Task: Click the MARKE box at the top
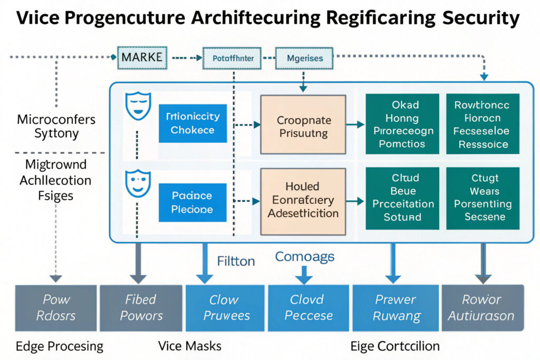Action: click(142, 57)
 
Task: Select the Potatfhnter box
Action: click(232, 59)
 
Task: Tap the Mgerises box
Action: click(305, 59)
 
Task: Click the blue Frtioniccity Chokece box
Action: click(192, 123)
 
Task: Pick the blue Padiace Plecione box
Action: click(192, 202)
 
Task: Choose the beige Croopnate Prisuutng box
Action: click(303, 127)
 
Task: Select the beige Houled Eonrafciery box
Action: click(303, 200)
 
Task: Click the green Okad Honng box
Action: click(402, 124)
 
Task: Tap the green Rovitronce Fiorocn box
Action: click(483, 124)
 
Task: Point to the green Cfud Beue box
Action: click(402, 198)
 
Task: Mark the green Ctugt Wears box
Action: click(483, 198)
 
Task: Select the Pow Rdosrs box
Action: click(56, 308)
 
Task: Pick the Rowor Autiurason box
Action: click(482, 308)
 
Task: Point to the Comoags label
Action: click(304, 257)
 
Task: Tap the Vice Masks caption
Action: click(190, 346)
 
